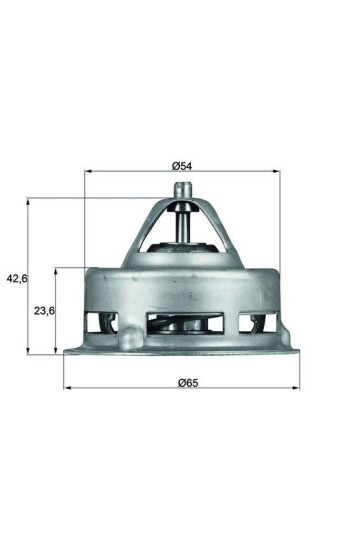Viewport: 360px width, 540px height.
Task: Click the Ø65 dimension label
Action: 180,380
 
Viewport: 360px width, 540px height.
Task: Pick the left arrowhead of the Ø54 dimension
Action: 87,172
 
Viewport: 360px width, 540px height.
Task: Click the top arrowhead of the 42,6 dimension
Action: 30,200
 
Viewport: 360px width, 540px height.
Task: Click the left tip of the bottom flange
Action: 65,351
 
